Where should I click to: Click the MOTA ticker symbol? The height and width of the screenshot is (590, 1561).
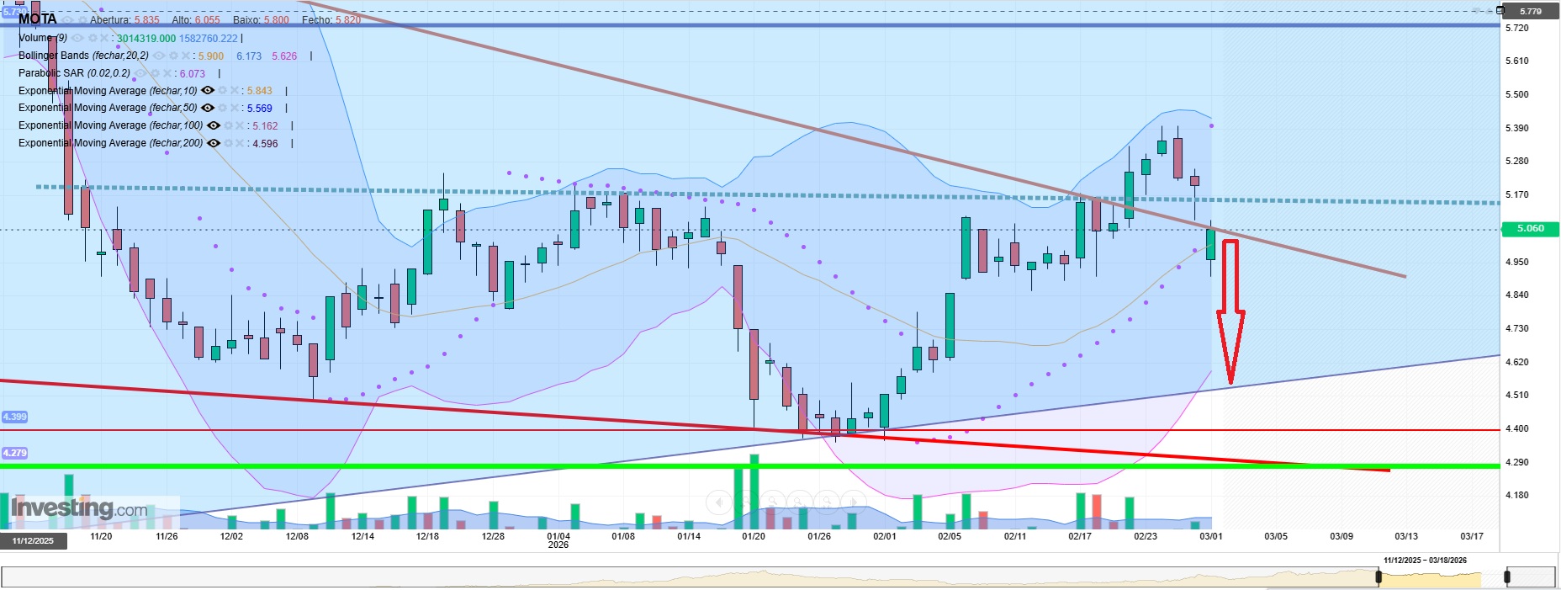[38, 19]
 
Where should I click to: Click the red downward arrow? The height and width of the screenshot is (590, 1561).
[1230, 311]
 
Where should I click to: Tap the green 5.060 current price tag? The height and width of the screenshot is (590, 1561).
[1530, 229]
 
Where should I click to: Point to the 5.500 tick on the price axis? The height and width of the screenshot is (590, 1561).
[1516, 94]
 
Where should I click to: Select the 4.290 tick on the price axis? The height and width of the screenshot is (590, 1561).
[1516, 462]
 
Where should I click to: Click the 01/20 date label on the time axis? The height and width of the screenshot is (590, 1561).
[754, 536]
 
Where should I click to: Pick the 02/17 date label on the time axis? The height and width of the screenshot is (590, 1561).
[1080, 536]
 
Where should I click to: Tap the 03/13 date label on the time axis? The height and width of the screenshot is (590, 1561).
[1406, 536]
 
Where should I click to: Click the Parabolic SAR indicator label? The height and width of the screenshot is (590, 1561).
[74, 73]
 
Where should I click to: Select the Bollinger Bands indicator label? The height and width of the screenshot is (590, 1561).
[83, 56]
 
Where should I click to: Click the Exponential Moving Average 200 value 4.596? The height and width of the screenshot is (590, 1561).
[265, 144]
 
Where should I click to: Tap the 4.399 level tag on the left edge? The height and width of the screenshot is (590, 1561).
[14, 417]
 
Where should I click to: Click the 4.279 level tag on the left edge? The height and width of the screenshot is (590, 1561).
[14, 453]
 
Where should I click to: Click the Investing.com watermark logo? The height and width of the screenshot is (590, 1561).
[80, 508]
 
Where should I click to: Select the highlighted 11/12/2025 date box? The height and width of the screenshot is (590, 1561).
[33, 540]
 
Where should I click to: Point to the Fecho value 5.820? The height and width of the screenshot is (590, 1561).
[348, 20]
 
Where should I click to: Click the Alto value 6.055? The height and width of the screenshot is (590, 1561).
[207, 20]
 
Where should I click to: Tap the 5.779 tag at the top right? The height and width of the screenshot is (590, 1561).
[1530, 12]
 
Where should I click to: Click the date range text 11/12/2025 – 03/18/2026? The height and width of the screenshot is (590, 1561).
[1425, 561]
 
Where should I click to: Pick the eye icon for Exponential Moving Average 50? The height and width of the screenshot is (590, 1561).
[208, 108]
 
